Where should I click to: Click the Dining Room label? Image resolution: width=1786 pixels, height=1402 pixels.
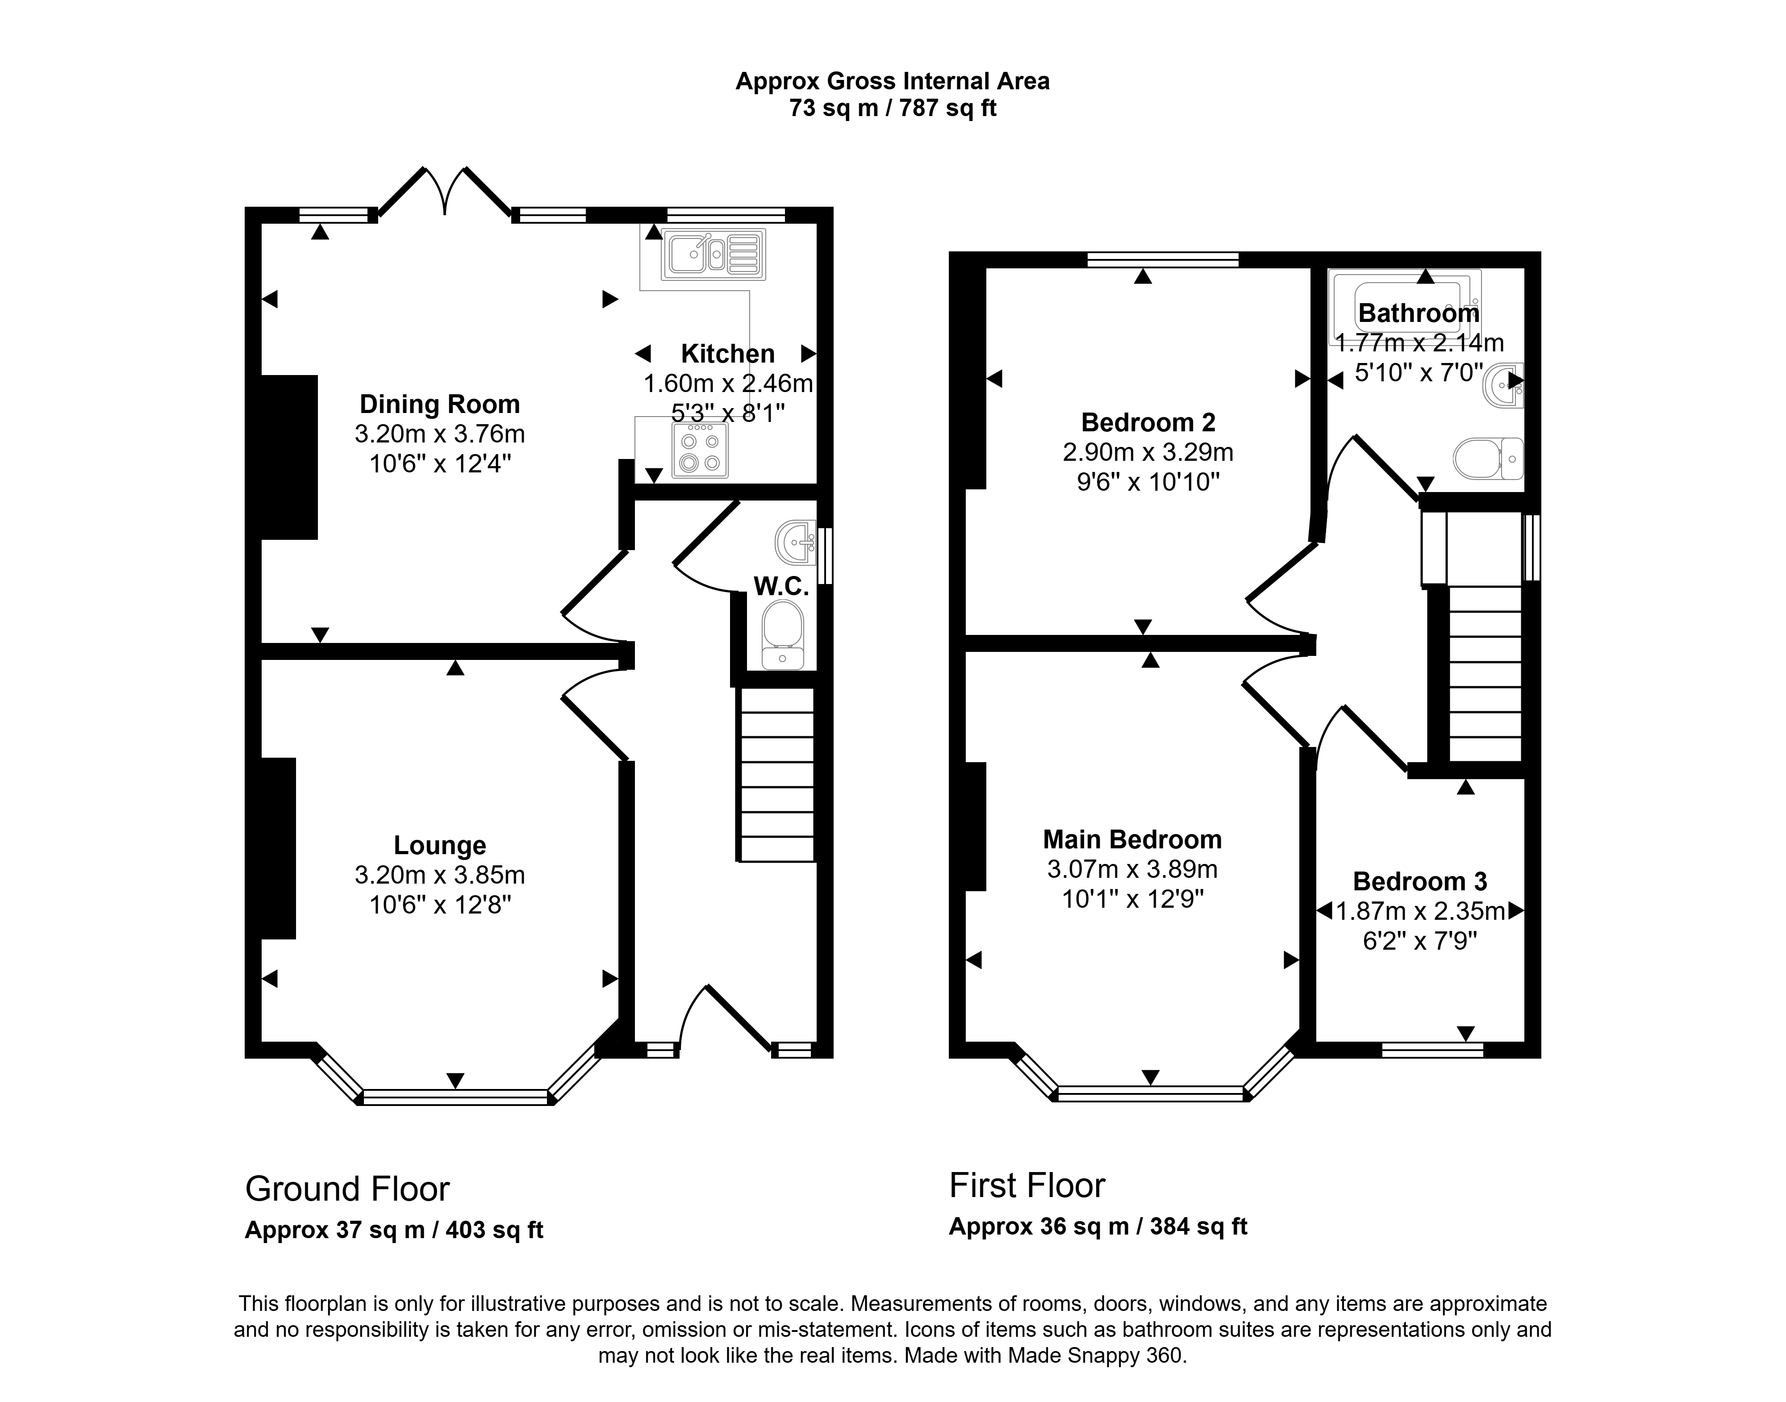click(x=440, y=404)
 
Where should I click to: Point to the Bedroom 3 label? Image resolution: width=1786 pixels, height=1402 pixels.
click(x=1420, y=881)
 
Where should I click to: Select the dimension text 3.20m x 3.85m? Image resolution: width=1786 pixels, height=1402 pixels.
click(x=440, y=875)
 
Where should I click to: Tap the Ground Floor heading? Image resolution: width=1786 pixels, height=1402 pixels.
click(x=348, y=1189)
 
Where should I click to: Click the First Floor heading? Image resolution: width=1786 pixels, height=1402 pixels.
click(x=1027, y=1185)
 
